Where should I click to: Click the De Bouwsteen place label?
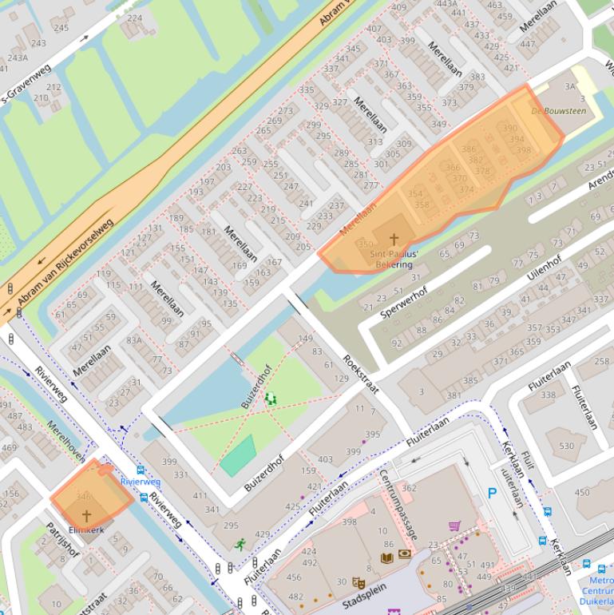pyautogui.click(x=558, y=111)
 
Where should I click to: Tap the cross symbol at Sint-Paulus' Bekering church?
pyautogui.click(x=393, y=239)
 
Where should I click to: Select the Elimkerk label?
pyautogui.click(x=86, y=530)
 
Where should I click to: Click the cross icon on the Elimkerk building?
pyautogui.click(x=86, y=516)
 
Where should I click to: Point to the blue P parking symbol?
pyautogui.click(x=492, y=494)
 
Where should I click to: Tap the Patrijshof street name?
pyautogui.click(x=62, y=541)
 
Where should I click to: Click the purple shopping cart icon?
pyautogui.click(x=454, y=526)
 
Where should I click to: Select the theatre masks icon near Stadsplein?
pyautogui.click(x=358, y=583)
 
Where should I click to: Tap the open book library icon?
pyautogui.click(x=387, y=557)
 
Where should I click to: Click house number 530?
pyautogui.click(x=566, y=446)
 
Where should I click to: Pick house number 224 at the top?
pyautogui.click(x=134, y=18)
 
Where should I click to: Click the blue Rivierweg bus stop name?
pyautogui.click(x=141, y=482)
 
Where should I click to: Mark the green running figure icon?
pyautogui.click(x=240, y=545)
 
